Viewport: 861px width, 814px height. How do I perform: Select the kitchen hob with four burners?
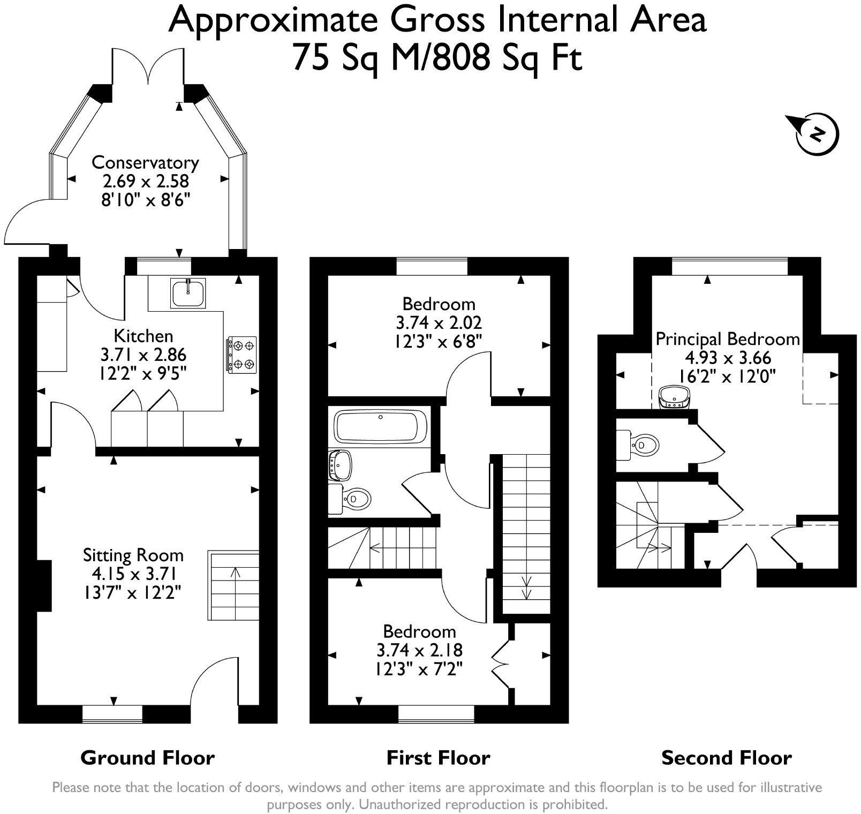coord(243,355)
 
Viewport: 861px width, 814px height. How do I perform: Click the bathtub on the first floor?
coord(381,427)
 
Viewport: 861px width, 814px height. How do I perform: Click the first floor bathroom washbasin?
coord(341,464)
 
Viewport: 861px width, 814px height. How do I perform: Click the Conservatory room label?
coord(145,162)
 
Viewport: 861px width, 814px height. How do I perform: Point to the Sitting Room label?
coord(133,555)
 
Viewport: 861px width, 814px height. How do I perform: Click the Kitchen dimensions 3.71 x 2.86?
coord(143,355)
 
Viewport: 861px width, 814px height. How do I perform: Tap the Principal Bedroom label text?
coord(727,339)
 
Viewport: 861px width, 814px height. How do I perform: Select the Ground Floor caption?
coord(147,758)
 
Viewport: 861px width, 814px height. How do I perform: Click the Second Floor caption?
coord(726,758)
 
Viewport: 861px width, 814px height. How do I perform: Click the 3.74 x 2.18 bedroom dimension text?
coord(419,650)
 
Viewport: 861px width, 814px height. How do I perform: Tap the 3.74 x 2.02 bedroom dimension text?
coord(439,322)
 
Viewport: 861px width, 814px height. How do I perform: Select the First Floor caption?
coord(438,758)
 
